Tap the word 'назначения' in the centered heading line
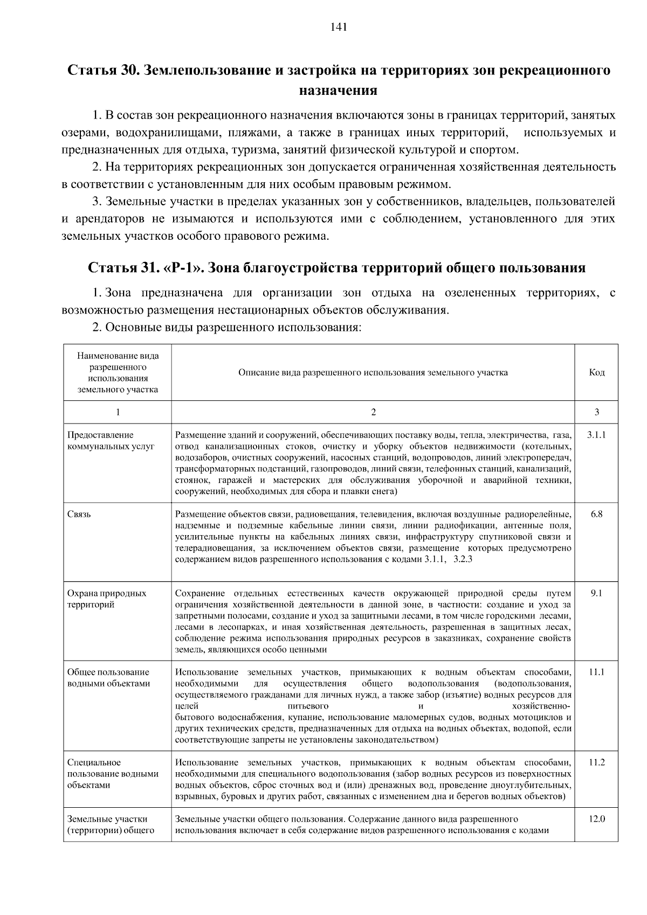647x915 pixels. tap(338, 90)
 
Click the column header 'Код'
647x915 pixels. tap(596, 372)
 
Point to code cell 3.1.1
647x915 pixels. tap(596, 435)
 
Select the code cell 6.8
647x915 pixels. tap(596, 514)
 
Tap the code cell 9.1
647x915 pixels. tap(596, 593)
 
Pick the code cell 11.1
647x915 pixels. tap(596, 672)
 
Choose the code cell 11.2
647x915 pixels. tap(596, 763)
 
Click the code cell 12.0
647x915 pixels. tap(596, 819)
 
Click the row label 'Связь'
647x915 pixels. tap(79, 514)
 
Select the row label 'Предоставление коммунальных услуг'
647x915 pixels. tap(111, 441)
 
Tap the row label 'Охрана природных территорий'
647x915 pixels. tap(106, 599)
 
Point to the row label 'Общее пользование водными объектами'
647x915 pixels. tap(108, 678)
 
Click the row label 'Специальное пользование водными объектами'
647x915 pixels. tap(113, 774)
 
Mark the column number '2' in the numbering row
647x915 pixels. tap(373, 412)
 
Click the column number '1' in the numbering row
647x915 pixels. tap(118, 412)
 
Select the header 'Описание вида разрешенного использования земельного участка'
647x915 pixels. tap(373, 372)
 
